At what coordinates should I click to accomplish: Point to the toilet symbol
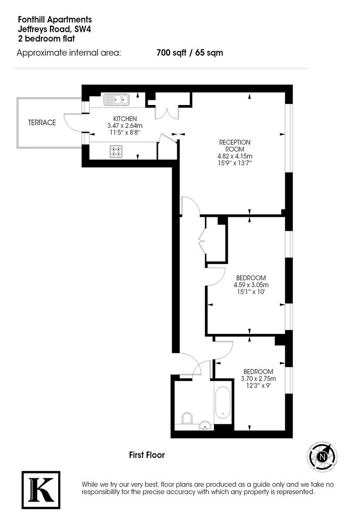(187, 418)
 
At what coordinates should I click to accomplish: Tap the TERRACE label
(41, 123)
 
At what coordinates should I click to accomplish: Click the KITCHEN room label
(125, 119)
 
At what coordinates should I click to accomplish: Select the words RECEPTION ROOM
(235, 146)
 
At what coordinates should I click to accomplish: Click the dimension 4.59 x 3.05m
(250, 285)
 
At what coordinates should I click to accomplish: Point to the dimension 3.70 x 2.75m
(259, 379)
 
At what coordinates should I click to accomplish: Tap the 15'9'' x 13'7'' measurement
(235, 163)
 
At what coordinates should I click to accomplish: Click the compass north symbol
(322, 457)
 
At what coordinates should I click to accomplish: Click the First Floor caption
(147, 455)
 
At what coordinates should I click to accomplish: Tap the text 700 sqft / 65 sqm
(189, 53)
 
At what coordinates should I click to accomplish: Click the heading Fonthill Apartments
(54, 20)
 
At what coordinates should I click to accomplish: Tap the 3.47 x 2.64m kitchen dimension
(125, 125)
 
